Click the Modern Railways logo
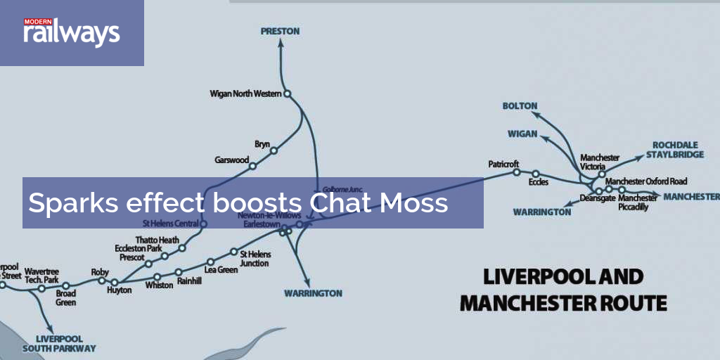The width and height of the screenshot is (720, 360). [x=71, y=32]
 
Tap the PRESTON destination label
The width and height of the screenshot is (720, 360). [x=280, y=31]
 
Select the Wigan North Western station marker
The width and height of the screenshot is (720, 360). [x=287, y=94]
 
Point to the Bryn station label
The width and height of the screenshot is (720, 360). [x=262, y=144]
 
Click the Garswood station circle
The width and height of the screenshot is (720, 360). [x=252, y=167]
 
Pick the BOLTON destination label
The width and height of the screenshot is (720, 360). [x=520, y=105]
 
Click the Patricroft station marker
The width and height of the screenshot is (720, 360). [x=516, y=172]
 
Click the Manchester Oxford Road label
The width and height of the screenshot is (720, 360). [x=646, y=181]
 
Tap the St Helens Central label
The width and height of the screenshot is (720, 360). [x=170, y=224]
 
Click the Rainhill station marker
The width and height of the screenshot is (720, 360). [x=179, y=272]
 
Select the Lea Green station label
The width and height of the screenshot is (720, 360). [x=221, y=269]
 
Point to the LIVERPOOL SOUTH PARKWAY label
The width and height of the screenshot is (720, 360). [x=59, y=343]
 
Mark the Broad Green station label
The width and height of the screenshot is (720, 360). [x=66, y=298]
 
